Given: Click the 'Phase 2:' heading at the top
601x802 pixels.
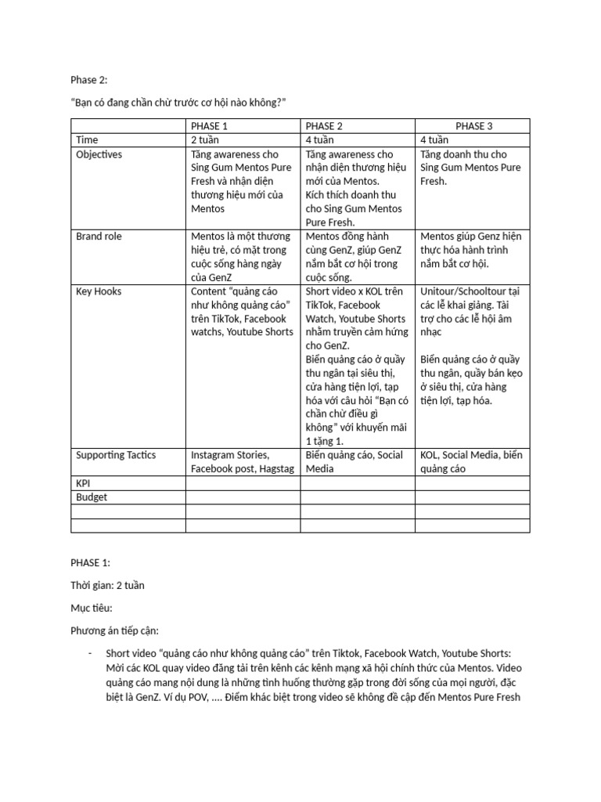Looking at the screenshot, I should (88, 80).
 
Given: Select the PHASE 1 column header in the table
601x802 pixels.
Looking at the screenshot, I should (209, 126).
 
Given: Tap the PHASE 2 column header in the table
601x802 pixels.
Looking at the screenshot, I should (324, 126).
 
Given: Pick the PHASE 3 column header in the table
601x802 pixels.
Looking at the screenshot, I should (474, 126).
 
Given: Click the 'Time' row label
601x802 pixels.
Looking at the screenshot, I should (87, 140).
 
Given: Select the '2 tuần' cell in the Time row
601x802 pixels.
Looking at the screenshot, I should (205, 140).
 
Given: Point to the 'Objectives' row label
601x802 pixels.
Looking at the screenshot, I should (99, 154).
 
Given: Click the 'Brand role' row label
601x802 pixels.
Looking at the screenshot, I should (99, 236).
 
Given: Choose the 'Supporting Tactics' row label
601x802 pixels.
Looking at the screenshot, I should (116, 455).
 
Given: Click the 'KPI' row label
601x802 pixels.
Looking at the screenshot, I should (84, 483).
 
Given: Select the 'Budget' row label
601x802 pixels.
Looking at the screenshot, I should (92, 497).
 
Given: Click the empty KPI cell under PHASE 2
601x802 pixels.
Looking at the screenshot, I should (358, 483).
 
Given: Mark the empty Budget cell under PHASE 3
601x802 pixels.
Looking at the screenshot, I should (472, 497).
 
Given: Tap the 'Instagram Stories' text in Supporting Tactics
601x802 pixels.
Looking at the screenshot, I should (230, 455).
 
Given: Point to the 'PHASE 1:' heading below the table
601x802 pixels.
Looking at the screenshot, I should (90, 562).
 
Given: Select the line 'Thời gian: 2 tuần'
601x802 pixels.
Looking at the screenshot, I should (107, 585).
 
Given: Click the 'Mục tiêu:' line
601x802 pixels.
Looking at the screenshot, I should (92, 607).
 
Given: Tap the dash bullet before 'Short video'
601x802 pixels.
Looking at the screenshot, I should (91, 653).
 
